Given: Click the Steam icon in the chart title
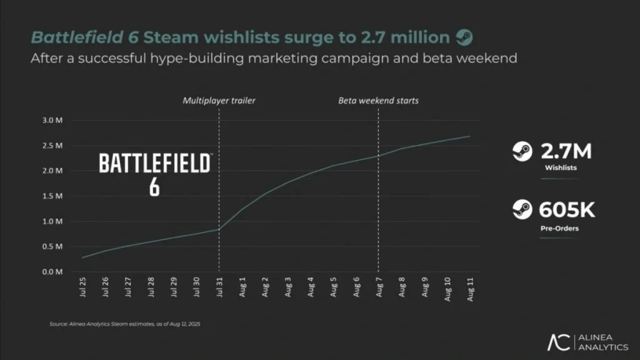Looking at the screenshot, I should tap(464, 37).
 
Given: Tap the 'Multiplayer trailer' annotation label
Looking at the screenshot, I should tap(219, 100).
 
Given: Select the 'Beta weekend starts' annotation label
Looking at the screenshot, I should tap(378, 100).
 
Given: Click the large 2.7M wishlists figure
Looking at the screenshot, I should tap(565, 152).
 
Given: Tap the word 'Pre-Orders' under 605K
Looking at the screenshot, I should tap(559, 229).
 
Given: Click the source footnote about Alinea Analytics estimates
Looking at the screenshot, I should tap(124, 324).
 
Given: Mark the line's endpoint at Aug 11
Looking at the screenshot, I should tap(470, 136).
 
